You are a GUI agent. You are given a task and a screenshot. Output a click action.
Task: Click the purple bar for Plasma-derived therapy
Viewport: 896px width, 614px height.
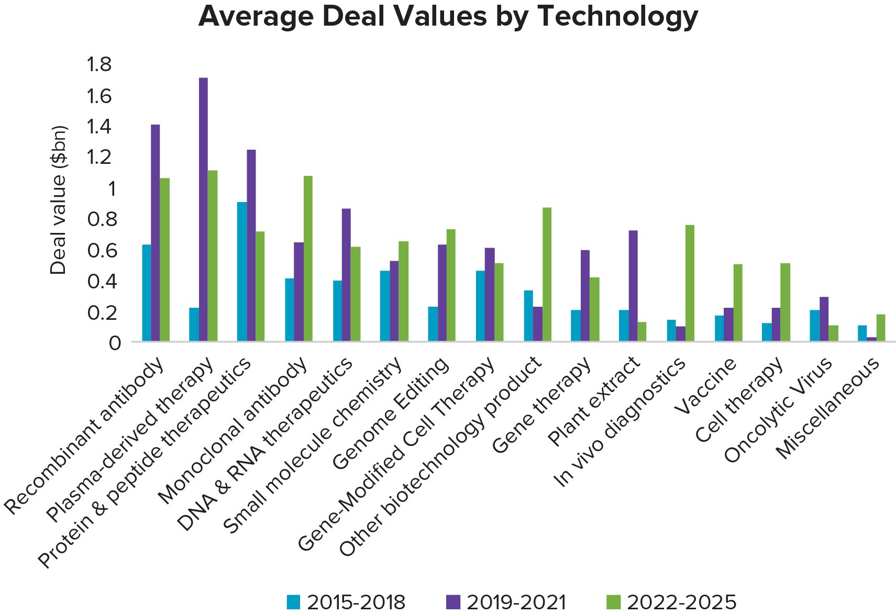tap(203, 209)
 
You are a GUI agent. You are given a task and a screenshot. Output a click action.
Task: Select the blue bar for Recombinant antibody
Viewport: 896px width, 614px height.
tap(146, 293)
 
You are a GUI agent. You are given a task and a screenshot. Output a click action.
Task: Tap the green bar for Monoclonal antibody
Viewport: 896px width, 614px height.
tap(308, 259)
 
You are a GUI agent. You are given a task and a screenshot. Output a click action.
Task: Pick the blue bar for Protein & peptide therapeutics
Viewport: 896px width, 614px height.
tap(241, 272)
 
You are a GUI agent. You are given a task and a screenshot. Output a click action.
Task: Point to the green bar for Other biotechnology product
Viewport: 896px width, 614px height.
tap(547, 275)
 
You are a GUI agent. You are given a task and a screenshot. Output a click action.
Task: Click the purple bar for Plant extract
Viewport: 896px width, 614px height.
tap(633, 286)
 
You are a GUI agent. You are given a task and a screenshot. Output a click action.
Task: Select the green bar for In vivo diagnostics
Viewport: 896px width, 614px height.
tap(690, 283)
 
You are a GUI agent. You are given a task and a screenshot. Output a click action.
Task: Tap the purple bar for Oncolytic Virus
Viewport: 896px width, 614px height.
tap(824, 319)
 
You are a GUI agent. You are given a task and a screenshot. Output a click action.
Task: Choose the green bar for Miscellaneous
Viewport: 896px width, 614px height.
tap(881, 328)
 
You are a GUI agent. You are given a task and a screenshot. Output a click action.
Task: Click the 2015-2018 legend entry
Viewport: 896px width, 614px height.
tap(346, 602)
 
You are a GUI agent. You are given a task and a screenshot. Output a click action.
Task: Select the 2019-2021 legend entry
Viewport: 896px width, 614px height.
tap(506, 602)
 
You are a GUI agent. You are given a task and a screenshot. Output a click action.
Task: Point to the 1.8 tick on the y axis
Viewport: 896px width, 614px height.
tap(99, 64)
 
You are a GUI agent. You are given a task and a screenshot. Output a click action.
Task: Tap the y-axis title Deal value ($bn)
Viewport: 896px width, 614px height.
tap(58, 200)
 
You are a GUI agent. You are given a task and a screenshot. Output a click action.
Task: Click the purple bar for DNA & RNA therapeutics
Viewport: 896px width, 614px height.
tap(346, 275)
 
